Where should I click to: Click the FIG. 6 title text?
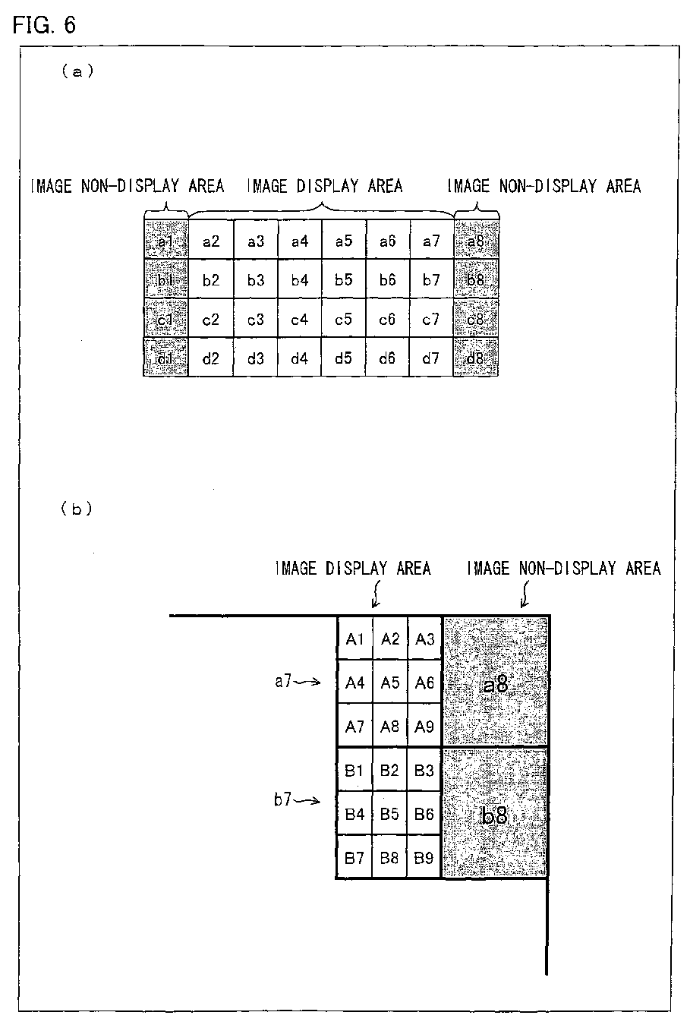point(44,24)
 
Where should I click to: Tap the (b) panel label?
point(77,509)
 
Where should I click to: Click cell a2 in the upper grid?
point(211,241)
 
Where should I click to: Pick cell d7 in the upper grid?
point(431,358)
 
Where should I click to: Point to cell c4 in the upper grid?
point(299,320)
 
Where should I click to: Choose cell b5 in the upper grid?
point(343,280)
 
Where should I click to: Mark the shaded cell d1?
point(165,358)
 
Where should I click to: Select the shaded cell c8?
point(476,320)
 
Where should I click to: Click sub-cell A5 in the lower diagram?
point(390,683)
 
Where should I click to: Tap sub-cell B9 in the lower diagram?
point(424,859)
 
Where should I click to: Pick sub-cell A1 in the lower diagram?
point(354,639)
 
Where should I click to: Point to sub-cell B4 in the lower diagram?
point(354,815)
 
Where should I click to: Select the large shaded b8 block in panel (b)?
point(496,815)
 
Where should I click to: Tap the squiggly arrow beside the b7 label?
point(308,800)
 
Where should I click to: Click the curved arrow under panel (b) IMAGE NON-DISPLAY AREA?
point(523,596)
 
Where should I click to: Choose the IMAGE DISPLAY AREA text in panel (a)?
point(325,186)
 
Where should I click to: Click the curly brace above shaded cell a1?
point(165,210)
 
